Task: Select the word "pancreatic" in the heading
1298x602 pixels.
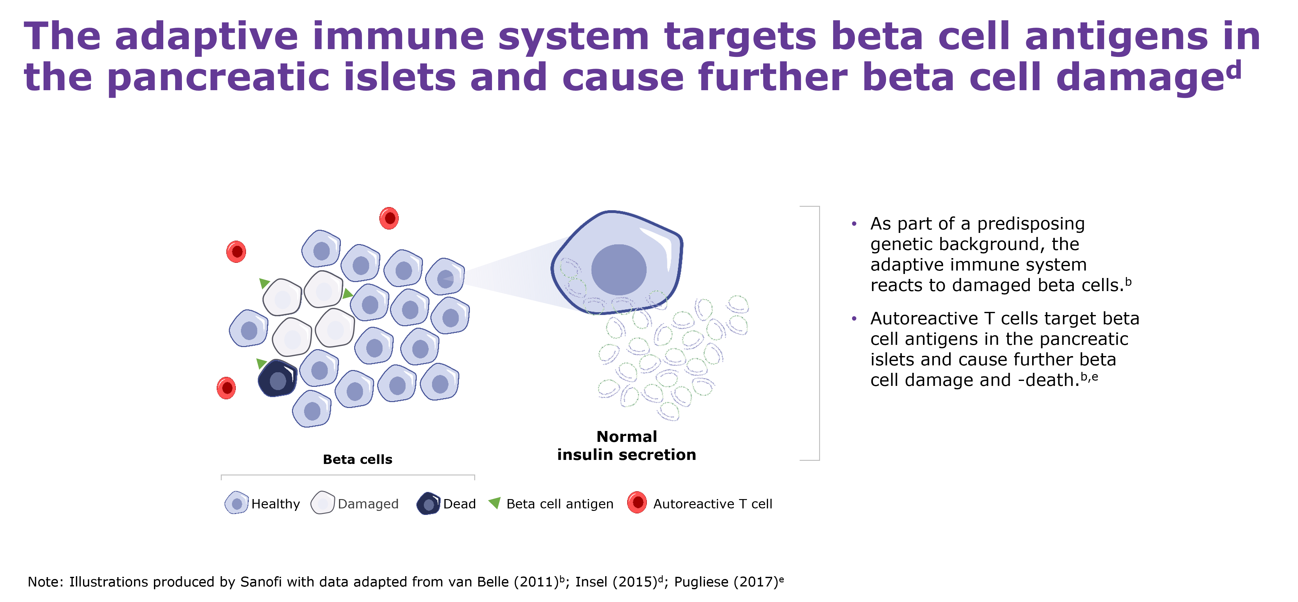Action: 218,78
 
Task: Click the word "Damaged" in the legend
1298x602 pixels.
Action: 368,504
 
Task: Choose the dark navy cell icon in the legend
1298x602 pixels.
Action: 428,503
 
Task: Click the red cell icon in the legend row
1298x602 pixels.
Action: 637,502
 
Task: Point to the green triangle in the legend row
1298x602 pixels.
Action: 495,502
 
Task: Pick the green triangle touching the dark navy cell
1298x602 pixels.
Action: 261,363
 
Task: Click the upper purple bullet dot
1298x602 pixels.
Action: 854,223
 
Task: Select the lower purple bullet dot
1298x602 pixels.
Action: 854,318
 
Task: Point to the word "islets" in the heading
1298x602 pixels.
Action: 400,78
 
